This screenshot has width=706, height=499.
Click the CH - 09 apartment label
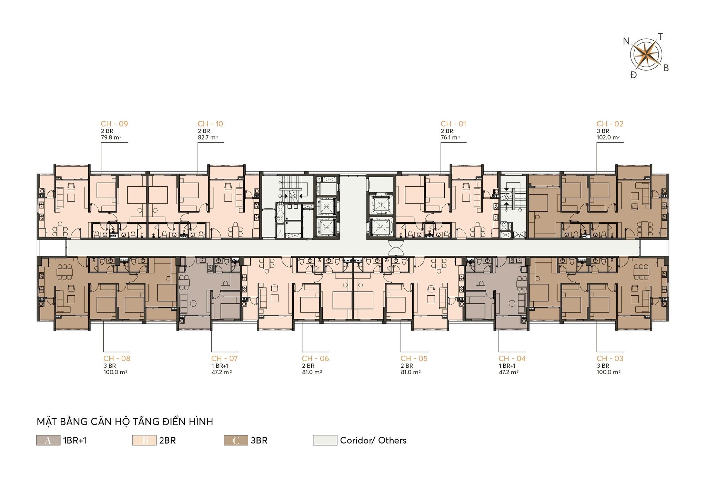click(114, 124)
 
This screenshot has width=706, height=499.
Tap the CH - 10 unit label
click(210, 124)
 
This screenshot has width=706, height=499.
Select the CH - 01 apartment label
click(453, 124)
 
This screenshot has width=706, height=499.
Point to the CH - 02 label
click(610, 124)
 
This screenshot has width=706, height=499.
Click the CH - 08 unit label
click(117, 358)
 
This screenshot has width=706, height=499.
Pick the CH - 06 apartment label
click(315, 358)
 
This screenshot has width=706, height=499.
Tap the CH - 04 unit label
click(512, 358)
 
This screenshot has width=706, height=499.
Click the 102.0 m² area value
click(608, 137)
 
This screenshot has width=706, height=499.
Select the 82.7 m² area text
click(208, 137)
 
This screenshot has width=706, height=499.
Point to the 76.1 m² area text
click(450, 137)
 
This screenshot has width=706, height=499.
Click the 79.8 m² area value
click(111, 137)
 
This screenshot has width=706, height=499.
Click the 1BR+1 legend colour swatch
click(48, 440)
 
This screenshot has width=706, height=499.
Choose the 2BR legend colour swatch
click(144, 440)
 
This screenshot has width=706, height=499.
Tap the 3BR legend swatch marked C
click(236, 440)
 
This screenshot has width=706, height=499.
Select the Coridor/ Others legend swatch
click(325, 440)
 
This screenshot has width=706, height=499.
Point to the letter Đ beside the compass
click(634, 75)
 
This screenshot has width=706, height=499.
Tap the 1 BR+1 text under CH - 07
click(220, 366)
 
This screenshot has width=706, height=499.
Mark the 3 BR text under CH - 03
click(603, 366)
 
